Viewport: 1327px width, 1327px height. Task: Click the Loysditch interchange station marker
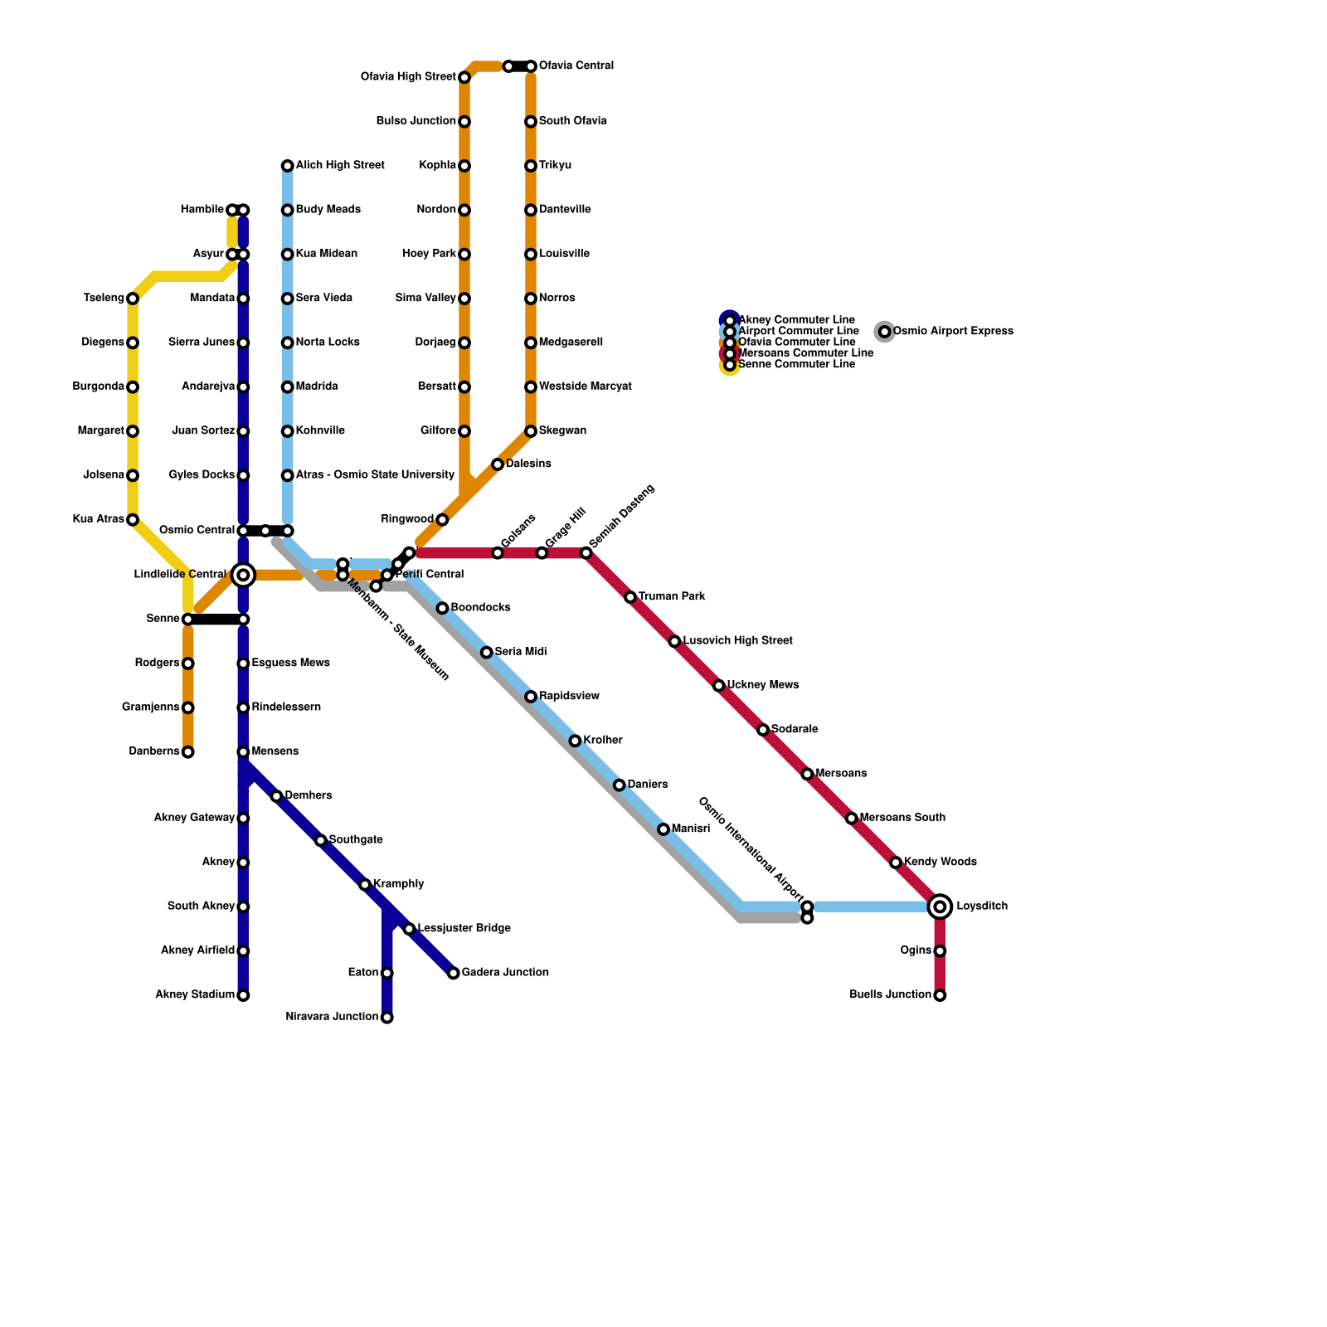point(940,907)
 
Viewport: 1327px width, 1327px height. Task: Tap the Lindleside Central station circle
point(243,575)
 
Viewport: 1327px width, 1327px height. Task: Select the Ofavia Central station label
point(576,66)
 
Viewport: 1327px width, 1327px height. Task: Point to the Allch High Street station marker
point(287,166)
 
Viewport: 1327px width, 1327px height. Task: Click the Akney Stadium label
point(195,995)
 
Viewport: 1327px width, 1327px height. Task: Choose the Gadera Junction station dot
point(453,973)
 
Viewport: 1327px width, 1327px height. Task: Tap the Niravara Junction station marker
point(387,1018)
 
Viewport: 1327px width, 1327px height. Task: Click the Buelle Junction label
point(890,995)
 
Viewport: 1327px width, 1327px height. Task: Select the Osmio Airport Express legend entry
point(953,332)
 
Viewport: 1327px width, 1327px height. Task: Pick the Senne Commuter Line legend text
point(796,365)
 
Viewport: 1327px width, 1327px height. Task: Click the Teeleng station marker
point(133,299)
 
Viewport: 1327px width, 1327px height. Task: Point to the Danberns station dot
point(188,752)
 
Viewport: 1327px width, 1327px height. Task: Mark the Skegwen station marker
point(531,431)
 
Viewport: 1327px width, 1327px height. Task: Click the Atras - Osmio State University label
point(375,475)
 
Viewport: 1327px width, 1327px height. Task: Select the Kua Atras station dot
point(133,520)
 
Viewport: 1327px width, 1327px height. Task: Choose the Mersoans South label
point(902,818)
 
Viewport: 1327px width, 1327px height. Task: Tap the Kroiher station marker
point(575,741)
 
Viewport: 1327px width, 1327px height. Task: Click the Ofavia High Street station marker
point(464,77)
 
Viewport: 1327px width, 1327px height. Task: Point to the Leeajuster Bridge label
point(464,928)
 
